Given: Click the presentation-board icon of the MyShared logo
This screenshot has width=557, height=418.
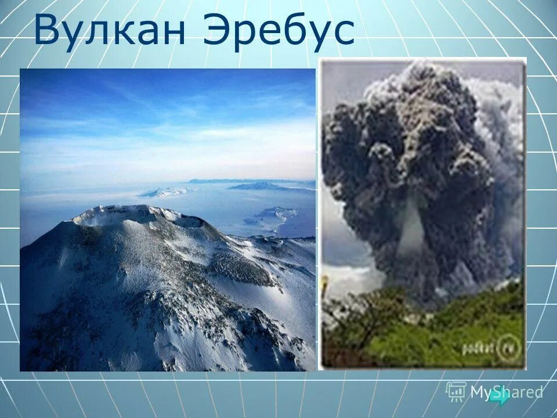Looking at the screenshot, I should [x=456, y=391].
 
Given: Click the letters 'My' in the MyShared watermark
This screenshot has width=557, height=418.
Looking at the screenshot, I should [x=482, y=392].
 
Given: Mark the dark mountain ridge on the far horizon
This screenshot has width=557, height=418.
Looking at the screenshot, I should [x=261, y=186].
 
